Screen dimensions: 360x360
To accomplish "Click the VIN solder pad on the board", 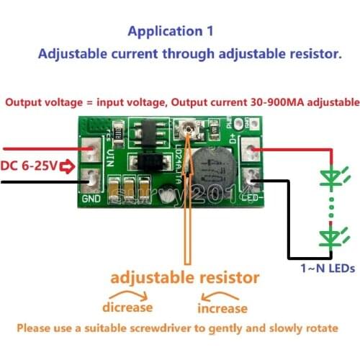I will pyautogui.click(x=92, y=151).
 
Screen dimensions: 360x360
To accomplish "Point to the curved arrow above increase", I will pyautogui.click(x=223, y=293).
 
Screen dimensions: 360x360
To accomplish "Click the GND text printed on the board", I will pyautogui.click(x=91, y=199).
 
